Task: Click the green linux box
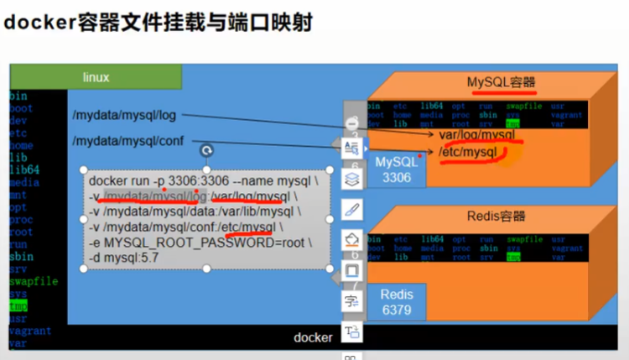96,77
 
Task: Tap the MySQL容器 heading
501,82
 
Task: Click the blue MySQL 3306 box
395,169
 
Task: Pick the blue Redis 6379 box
396,302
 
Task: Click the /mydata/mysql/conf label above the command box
127,141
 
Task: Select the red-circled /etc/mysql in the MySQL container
467,152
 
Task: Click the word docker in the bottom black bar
313,337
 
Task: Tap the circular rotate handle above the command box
206,151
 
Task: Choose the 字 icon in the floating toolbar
352,300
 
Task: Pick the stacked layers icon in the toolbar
352,177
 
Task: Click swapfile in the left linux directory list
33,282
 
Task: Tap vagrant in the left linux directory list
29,331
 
